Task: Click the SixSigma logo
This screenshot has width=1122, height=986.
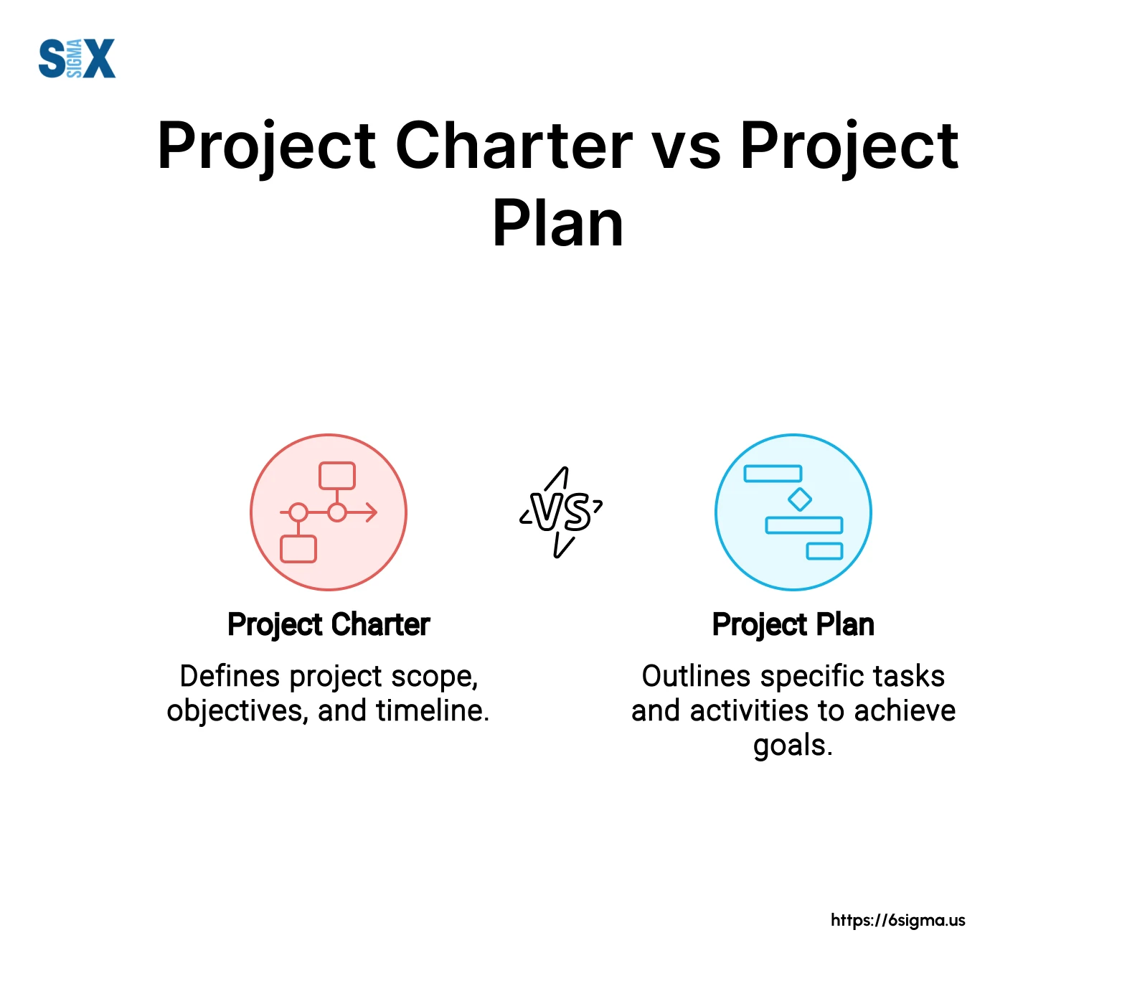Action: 77,59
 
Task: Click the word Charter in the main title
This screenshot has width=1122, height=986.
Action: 514,146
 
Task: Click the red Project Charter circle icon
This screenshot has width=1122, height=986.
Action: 329,512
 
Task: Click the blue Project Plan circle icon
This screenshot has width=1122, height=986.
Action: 793,512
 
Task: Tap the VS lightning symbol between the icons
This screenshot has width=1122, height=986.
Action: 561,512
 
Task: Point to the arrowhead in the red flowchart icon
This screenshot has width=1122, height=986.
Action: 371,512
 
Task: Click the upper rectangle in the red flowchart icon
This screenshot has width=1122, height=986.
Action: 337,476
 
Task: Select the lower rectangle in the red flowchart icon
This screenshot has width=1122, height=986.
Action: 298,549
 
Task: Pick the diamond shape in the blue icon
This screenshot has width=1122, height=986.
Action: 800,499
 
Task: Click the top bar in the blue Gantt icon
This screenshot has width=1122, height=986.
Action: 773,474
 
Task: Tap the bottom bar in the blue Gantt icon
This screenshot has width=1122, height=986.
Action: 824,551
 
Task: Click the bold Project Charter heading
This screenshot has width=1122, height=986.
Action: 329,625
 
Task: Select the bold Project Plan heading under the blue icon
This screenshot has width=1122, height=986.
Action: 793,625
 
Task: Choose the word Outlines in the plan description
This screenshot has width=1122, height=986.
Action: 697,676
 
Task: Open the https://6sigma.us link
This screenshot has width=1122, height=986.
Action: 898,921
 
